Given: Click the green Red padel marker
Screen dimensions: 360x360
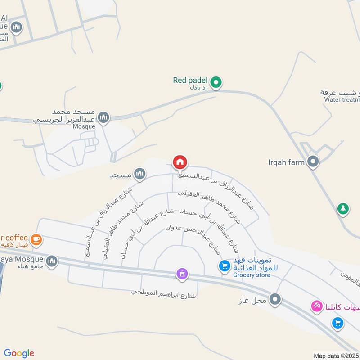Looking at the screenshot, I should pos(216,82).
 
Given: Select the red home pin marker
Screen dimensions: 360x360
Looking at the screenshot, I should pos(180,162).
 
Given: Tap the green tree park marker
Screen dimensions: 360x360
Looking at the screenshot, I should pos(343,209).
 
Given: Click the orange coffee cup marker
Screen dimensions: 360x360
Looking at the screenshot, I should pos(36,239).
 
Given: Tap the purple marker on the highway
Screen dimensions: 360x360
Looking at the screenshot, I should pos(182,274).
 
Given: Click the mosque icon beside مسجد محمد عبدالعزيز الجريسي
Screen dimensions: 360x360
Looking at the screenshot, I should pos(104,117).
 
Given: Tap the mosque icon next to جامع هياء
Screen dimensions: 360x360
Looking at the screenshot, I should pos(52,261).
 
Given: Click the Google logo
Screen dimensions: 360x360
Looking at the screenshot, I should pos(19,353).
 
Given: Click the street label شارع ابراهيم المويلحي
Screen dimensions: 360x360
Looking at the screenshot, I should pos(164,292).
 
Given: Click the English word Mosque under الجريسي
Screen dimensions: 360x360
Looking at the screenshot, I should pos(84,126).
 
